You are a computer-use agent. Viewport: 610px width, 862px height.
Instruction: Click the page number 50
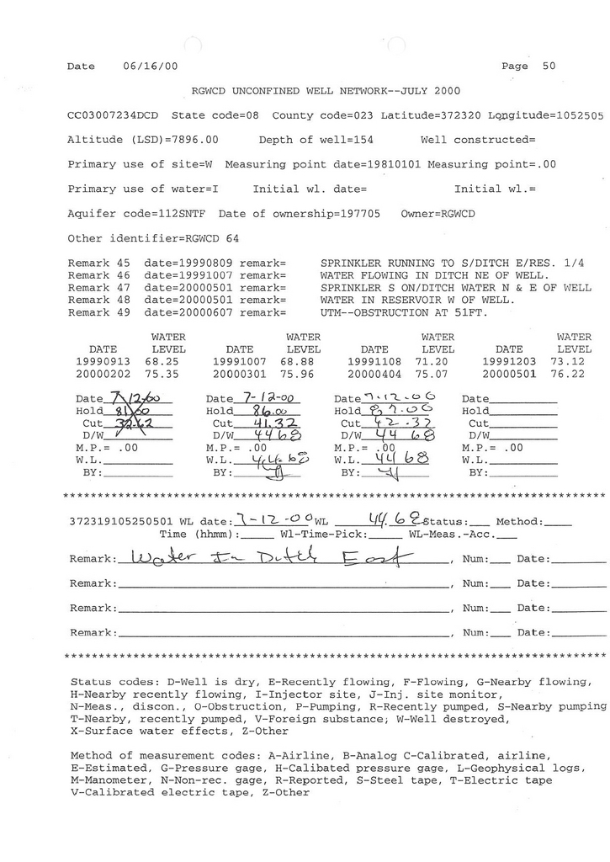[x=549, y=66]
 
